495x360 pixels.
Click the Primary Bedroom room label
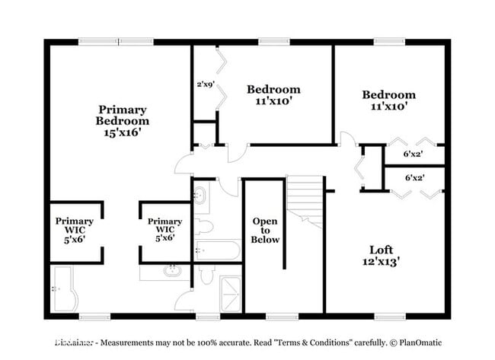[x=122, y=115]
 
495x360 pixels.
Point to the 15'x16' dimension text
[x=122, y=132]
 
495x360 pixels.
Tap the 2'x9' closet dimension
[x=206, y=84]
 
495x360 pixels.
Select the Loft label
[x=382, y=250]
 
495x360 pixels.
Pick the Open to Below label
[x=266, y=230]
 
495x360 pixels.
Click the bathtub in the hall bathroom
[x=217, y=250]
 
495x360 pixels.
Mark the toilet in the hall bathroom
[x=203, y=225]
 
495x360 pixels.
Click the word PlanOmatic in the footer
[x=417, y=343]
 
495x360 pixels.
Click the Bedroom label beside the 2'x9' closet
[x=273, y=90]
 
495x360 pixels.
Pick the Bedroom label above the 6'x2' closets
[x=388, y=95]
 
